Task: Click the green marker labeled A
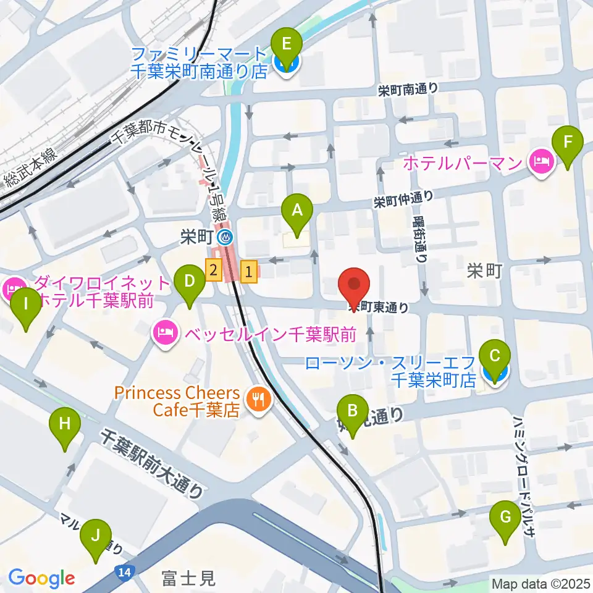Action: click(x=297, y=212)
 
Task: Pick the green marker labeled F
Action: click(x=568, y=143)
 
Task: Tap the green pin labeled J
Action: click(x=96, y=537)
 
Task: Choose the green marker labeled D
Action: click(x=189, y=282)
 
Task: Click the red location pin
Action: click(x=355, y=284)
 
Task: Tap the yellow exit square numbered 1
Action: click(x=249, y=270)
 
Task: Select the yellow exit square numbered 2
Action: click(x=214, y=270)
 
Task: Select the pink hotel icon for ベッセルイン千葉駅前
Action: click(x=164, y=334)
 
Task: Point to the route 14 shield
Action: click(x=125, y=573)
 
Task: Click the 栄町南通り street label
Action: click(x=408, y=90)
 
